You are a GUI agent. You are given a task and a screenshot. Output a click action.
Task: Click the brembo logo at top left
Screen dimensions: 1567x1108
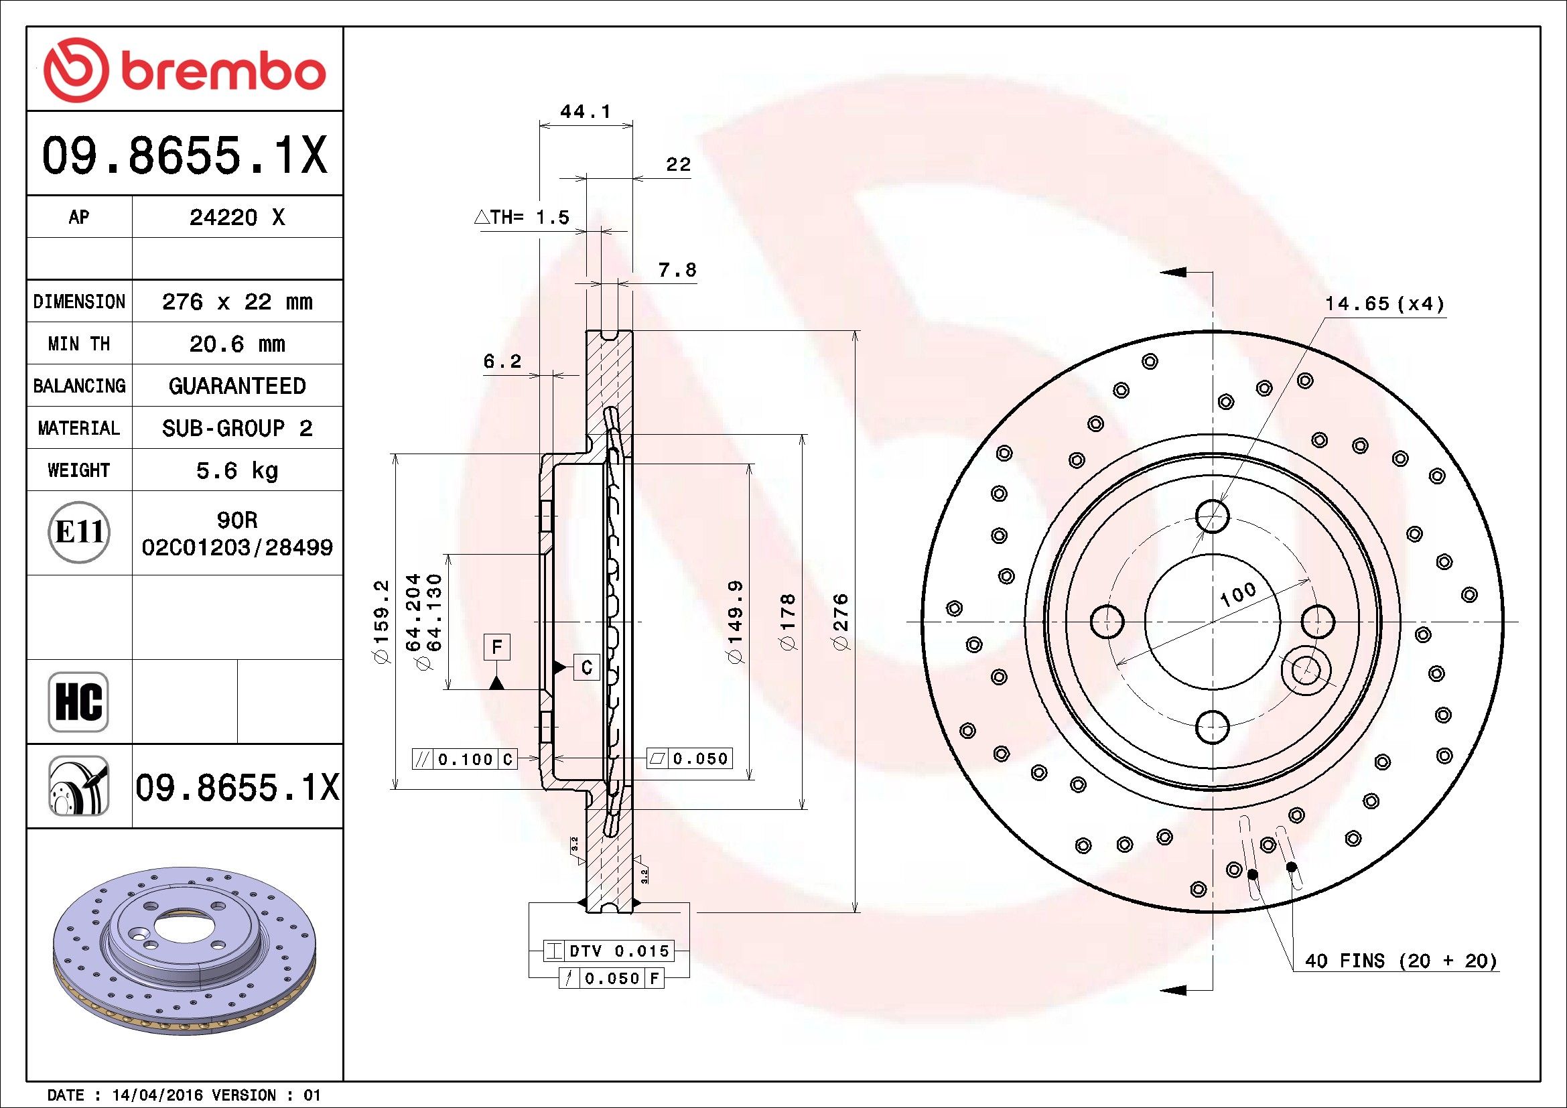pos(184,71)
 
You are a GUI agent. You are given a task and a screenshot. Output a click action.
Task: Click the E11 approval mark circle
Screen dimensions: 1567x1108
pos(80,532)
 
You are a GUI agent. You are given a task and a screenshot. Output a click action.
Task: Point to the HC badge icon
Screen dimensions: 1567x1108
pos(78,701)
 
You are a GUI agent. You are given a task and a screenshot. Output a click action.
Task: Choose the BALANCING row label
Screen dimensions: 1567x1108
pos(79,386)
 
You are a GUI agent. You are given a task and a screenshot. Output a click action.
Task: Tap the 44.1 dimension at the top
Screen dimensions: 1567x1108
pos(585,111)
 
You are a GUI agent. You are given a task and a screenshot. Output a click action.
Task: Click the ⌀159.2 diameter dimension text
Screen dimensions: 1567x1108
pos(380,621)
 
